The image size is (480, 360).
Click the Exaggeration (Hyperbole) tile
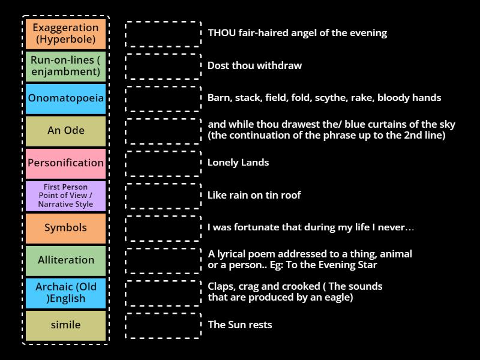coord(66,34)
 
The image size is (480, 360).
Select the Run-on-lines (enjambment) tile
coord(66,66)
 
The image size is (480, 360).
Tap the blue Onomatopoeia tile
coord(66,98)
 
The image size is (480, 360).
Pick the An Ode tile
coord(66,131)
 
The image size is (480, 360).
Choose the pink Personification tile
coord(66,163)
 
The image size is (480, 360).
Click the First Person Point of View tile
coord(66,196)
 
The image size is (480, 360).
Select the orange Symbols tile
coord(66,228)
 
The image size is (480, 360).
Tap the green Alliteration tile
coord(66,260)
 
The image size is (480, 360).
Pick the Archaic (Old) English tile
coord(66,293)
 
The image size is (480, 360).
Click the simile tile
coord(66,325)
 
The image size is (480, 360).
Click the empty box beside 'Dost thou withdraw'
coord(163,66)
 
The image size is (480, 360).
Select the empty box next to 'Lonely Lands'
coord(163,163)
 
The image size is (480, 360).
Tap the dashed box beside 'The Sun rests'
coord(163,325)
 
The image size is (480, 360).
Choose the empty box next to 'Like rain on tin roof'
coord(163,196)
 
